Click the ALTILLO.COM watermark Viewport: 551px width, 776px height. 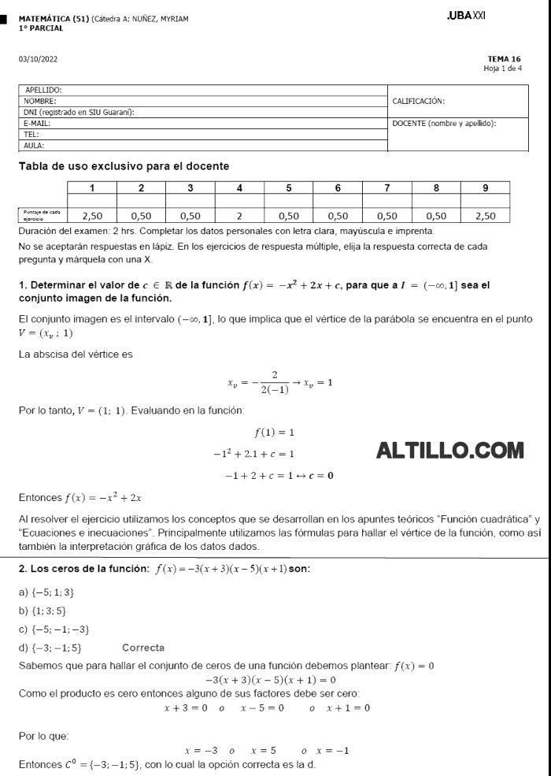[x=450, y=451]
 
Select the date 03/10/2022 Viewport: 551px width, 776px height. [x=38, y=59]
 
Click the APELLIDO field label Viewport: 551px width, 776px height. [x=43, y=91]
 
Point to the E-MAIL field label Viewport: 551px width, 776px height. [x=37, y=124]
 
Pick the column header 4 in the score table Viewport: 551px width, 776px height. [x=239, y=188]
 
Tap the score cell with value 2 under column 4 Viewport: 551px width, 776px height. [x=239, y=214]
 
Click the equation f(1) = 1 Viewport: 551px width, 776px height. [x=274, y=432]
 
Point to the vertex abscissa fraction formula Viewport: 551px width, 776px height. [x=279, y=384]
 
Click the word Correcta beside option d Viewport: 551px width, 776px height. [x=143, y=648]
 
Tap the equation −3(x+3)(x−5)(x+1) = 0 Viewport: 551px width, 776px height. [x=270, y=680]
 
